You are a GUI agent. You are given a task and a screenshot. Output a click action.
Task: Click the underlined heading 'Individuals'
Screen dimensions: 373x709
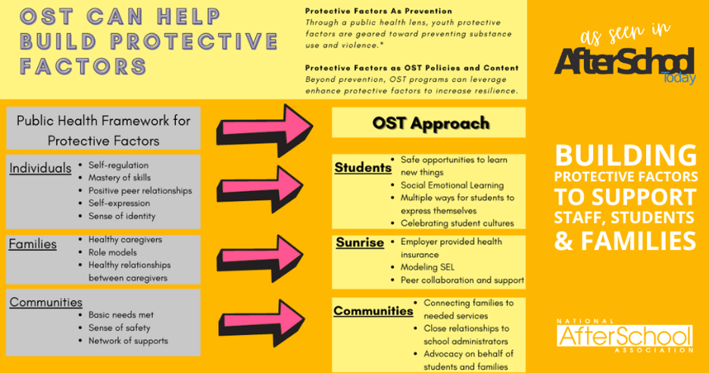(40, 168)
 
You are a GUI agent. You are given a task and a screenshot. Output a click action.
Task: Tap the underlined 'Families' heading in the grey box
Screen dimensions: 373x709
(33, 244)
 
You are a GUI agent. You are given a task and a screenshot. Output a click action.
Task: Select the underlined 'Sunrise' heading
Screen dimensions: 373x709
(360, 243)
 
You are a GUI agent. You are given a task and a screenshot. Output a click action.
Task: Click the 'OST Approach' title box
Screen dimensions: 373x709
(429, 122)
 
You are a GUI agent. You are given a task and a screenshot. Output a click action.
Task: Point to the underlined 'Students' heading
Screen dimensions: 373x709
(363, 167)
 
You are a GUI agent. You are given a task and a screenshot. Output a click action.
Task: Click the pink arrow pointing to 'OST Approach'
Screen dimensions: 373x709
(264, 125)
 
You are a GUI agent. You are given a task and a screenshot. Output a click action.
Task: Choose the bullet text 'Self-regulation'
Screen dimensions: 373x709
(118, 165)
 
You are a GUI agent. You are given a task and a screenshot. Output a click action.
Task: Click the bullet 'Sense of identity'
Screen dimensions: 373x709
(121, 216)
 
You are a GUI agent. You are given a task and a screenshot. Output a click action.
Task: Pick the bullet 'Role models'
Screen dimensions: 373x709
(112, 252)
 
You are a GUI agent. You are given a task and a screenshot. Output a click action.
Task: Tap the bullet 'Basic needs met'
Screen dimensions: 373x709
(122, 315)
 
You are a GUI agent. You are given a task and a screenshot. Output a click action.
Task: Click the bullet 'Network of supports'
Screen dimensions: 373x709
(128, 340)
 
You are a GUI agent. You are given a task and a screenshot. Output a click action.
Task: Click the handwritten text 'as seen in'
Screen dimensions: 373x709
(624, 35)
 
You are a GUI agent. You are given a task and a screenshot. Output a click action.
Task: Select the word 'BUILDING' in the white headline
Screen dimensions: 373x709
(626, 156)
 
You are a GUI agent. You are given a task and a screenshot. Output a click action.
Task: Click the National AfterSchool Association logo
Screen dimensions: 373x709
(624, 335)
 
